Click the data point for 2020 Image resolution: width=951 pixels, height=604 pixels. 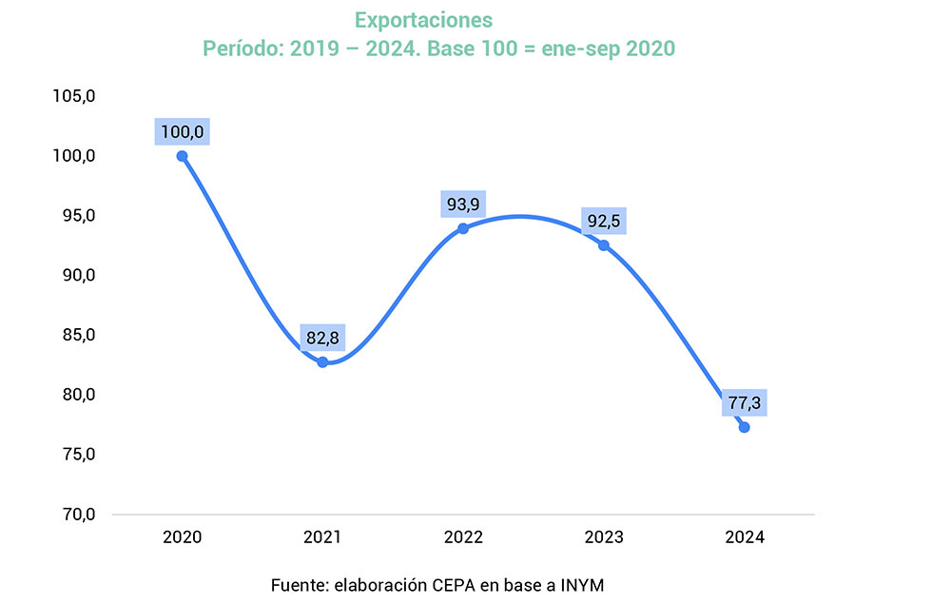click(x=182, y=156)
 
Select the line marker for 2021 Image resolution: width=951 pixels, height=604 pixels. click(x=322, y=362)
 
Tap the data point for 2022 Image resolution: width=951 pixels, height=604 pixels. click(x=463, y=228)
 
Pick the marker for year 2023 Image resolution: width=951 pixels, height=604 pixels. click(x=604, y=245)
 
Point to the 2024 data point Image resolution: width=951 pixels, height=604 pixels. click(x=744, y=427)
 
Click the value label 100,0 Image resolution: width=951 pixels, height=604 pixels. click(x=182, y=131)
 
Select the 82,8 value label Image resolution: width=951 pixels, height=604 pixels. click(x=322, y=338)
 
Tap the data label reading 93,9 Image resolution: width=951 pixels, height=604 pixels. click(x=463, y=204)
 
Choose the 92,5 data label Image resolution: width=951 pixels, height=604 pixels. click(x=604, y=221)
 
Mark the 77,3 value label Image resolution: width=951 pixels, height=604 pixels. click(x=744, y=402)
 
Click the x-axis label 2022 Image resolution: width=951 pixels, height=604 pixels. click(x=463, y=537)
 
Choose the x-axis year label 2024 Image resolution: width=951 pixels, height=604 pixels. click(x=744, y=537)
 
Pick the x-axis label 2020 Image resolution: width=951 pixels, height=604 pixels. click(x=182, y=537)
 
